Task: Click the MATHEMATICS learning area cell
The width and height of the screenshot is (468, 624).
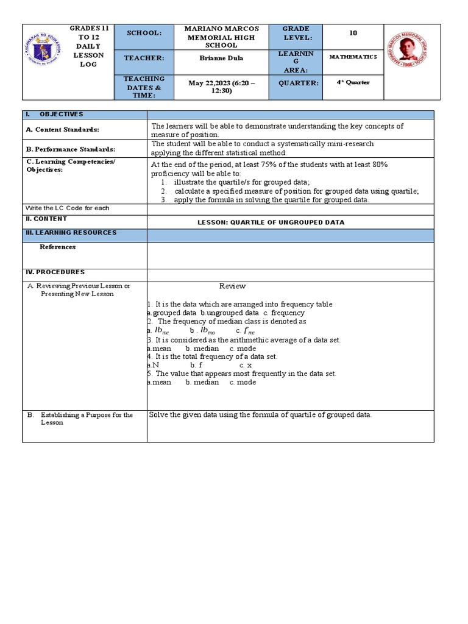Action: click(353, 57)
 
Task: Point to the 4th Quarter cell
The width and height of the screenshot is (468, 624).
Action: click(353, 82)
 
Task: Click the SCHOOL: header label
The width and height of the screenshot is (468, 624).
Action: click(144, 33)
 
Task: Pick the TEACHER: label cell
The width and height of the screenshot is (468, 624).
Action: click(144, 57)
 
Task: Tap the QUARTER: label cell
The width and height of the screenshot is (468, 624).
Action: click(299, 83)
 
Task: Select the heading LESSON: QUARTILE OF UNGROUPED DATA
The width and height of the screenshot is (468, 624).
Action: click(271, 222)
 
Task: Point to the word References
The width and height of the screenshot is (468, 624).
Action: click(58, 247)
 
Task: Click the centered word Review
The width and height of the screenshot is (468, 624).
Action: click(232, 286)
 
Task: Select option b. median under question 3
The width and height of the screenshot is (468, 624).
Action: click(202, 348)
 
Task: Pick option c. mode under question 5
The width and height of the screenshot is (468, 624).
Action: click(243, 382)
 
